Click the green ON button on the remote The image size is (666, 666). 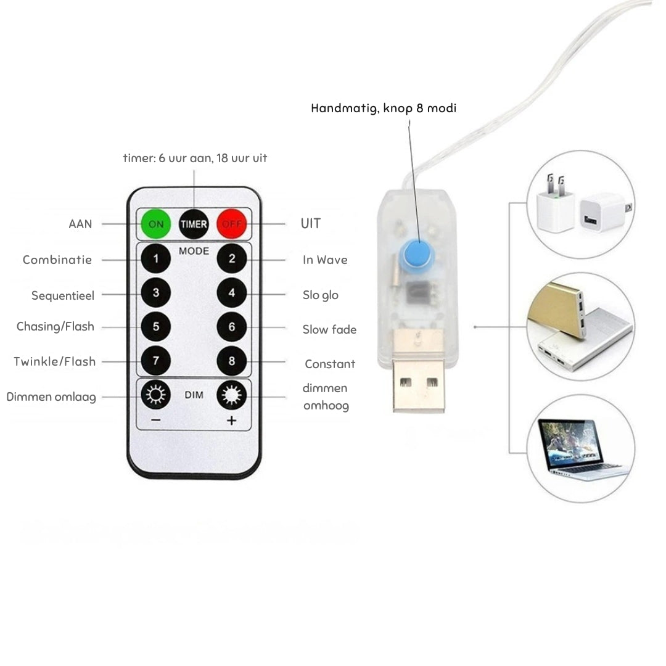[156, 224]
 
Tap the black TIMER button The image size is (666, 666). [194, 224]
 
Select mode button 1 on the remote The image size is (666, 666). [156, 259]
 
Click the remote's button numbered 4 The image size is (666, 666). [232, 293]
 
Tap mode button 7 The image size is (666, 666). [156, 361]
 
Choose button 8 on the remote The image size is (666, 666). [232, 361]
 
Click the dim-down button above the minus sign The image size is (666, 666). [156, 395]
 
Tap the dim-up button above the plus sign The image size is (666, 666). [232, 395]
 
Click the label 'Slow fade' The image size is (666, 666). [329, 330]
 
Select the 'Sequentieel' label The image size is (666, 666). [63, 296]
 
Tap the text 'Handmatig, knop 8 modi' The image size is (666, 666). [384, 109]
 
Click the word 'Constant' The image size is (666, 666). [330, 364]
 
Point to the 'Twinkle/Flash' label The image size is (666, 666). [55, 361]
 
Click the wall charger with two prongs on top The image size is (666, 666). [554, 205]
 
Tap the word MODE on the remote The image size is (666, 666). [194, 252]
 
